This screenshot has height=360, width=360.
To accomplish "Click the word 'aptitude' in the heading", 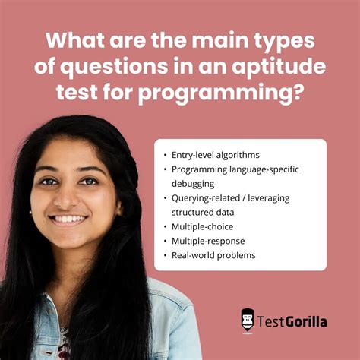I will click(286, 67).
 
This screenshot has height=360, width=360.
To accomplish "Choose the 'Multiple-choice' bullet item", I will click(203, 226).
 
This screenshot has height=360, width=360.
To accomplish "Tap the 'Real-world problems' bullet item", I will click(213, 255).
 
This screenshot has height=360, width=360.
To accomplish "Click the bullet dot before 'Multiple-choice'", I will click(165, 226).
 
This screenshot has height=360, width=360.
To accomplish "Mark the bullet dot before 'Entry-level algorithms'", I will click(165, 154).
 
